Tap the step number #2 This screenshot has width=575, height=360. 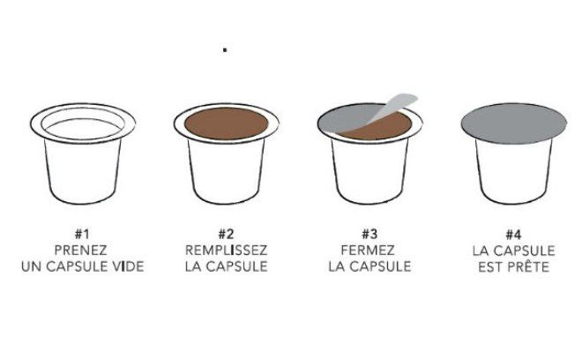[226, 234]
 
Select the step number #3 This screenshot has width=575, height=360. [370, 234]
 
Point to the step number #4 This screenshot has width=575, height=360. [514, 234]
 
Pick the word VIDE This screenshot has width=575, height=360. [126, 266]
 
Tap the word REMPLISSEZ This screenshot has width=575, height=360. [226, 250]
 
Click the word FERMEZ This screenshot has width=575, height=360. [370, 250]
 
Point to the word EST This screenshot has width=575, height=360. [492, 266]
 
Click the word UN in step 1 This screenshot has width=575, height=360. [31, 266]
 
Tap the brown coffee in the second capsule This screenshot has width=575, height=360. [226, 124]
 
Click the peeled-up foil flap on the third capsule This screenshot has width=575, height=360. [388, 108]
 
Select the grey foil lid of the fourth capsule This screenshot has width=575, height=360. [514, 124]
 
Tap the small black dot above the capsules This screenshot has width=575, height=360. [226, 50]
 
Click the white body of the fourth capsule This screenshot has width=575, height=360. [514, 172]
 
